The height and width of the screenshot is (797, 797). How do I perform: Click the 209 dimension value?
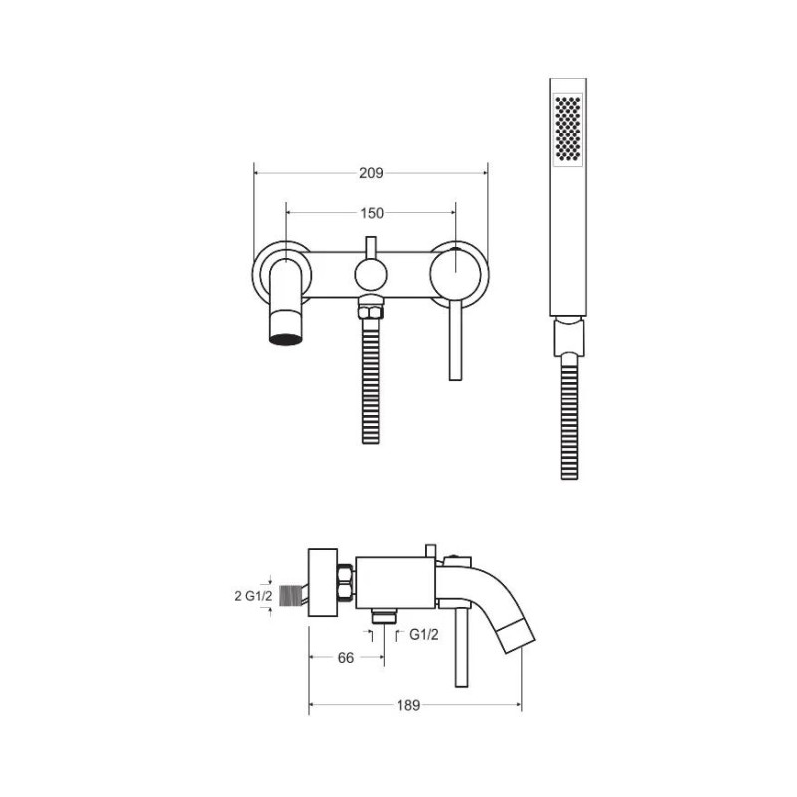pos(371,173)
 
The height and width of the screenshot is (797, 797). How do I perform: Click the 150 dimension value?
pos(372,213)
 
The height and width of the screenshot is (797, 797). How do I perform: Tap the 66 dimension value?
pos(346,658)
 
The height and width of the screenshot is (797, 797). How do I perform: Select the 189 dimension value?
pos(408,705)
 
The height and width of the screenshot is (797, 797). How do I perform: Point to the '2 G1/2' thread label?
pos(254,596)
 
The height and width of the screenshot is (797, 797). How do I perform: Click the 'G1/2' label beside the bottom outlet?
pos(424,635)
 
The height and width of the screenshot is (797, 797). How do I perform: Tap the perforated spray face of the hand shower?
pos(567,129)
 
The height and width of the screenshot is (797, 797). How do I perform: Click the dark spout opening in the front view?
pos(285,339)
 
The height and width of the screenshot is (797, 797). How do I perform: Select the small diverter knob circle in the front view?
pos(371,275)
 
